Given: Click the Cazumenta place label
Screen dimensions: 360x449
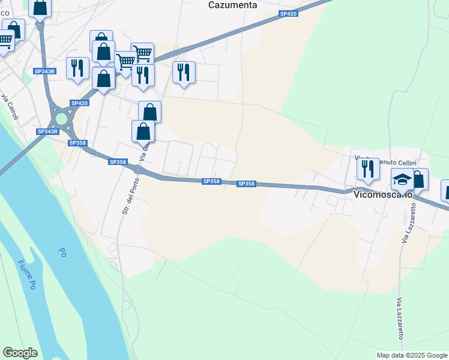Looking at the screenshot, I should point(232,5).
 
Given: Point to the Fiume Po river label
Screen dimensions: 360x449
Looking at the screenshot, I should point(27,274).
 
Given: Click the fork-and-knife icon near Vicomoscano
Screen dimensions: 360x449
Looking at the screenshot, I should point(368,169).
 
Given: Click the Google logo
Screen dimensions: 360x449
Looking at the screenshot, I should point(20,353).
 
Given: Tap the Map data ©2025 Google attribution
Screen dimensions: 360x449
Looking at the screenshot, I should point(411,355).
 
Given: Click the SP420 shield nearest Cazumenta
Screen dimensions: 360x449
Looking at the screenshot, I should point(288,13).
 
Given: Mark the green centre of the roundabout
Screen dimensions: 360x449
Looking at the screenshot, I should point(61,118).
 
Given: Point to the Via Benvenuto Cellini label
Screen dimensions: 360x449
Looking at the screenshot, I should point(389,163).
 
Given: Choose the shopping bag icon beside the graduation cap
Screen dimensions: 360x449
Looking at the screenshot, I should point(418,179).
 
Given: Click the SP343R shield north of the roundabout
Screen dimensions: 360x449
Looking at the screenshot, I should point(45,71).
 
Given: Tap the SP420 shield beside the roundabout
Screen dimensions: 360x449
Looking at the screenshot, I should point(79,103).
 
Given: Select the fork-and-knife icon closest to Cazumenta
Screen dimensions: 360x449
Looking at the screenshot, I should point(184,72).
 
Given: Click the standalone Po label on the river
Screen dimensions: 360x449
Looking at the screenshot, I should point(62,253).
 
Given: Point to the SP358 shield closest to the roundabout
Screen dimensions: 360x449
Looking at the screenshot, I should point(77,143).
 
